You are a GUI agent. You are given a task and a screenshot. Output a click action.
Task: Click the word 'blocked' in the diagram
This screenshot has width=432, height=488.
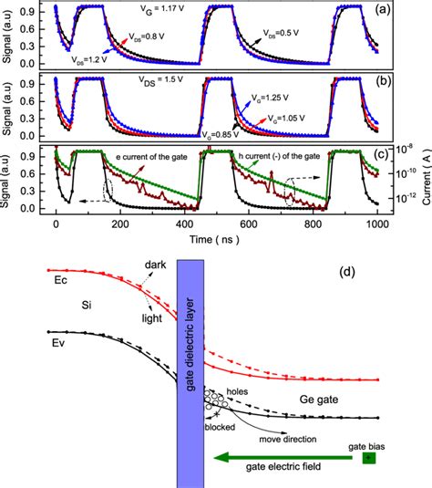click(219, 424)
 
